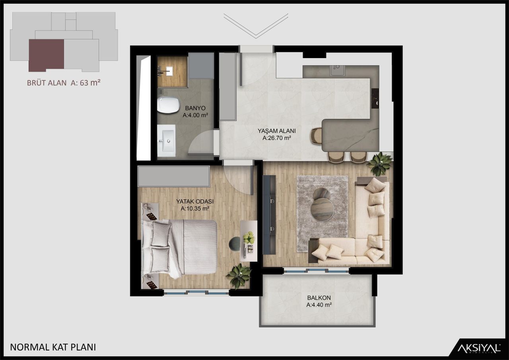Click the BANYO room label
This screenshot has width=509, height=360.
(196, 108)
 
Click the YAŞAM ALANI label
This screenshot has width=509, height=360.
(276, 131)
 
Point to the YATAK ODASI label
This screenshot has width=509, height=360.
(195, 201)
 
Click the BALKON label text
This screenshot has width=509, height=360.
(319, 298)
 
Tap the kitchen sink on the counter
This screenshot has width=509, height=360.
(337, 71)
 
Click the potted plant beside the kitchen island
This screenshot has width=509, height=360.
(379, 163)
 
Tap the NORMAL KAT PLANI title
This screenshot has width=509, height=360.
(53, 347)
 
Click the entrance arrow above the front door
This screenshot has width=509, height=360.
(255, 26)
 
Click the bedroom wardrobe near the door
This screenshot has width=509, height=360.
(174, 176)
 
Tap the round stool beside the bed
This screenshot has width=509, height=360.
(235, 243)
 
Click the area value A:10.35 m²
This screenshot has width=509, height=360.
(195, 208)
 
